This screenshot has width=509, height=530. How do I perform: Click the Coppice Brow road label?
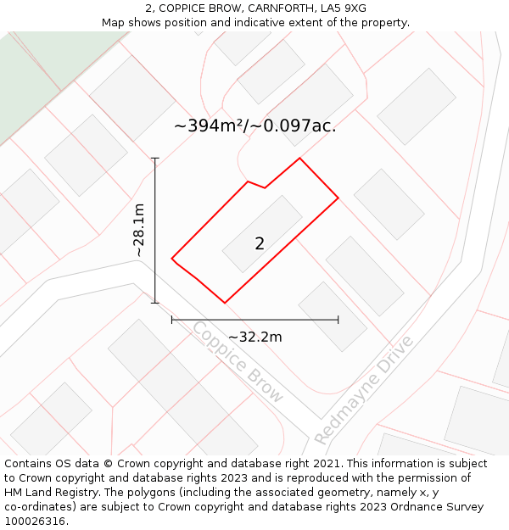click(237, 361)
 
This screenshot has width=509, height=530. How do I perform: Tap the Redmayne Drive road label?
click(364, 390)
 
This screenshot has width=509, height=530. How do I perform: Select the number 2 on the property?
click(260, 244)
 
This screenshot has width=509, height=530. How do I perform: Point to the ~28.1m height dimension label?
click(139, 230)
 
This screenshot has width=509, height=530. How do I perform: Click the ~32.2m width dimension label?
click(255, 337)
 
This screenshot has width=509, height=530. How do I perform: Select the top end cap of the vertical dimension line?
click(155, 158)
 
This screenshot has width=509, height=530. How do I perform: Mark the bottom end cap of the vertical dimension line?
click(155, 303)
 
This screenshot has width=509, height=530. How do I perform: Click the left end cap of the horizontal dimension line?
click(172, 320)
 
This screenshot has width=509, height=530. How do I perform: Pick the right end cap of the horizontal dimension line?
click(338, 320)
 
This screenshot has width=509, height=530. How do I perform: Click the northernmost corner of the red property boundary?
click(299, 158)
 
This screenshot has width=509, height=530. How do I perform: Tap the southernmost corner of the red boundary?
click(225, 303)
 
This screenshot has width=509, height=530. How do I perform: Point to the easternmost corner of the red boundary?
click(338, 198)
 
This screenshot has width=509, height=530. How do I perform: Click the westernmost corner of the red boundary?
click(172, 258)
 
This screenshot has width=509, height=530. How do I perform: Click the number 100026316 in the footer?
click(33, 522)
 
